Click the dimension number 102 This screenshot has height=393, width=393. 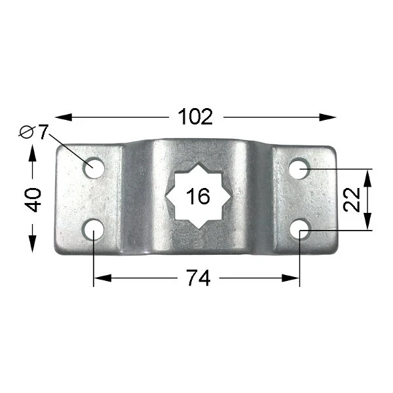[x=195, y=117]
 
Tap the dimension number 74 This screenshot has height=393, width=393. [x=198, y=278]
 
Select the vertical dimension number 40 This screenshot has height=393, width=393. [x=33, y=200]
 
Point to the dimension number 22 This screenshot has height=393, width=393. [x=352, y=200]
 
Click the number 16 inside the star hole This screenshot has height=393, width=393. [x=198, y=196]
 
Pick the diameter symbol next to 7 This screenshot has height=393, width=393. [x=27, y=132]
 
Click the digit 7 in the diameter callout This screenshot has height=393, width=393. [x=43, y=132]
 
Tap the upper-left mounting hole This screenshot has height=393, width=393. [x=94, y=168]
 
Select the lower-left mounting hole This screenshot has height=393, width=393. [x=94, y=229]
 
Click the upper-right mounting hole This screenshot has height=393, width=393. [x=299, y=168]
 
